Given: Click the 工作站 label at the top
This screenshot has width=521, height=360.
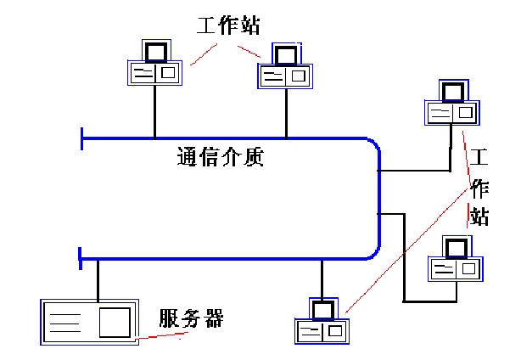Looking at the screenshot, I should click(x=227, y=25).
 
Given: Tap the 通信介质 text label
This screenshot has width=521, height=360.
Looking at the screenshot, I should click(x=221, y=158).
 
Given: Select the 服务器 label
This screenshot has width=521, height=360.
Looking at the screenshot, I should click(x=191, y=318).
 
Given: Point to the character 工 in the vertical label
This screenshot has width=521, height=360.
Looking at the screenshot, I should click(x=480, y=157).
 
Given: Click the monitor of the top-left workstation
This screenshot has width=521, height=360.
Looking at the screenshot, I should click(x=155, y=52).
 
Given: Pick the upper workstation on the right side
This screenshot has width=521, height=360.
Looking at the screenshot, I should click(x=451, y=104).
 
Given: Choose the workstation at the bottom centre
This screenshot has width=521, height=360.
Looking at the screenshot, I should click(x=322, y=322).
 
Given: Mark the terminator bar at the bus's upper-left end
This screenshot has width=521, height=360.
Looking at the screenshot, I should click(x=81, y=138).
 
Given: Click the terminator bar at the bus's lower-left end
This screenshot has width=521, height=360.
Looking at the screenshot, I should click(x=80, y=258).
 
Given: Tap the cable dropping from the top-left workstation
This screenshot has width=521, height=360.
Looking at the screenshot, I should click(x=154, y=110).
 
